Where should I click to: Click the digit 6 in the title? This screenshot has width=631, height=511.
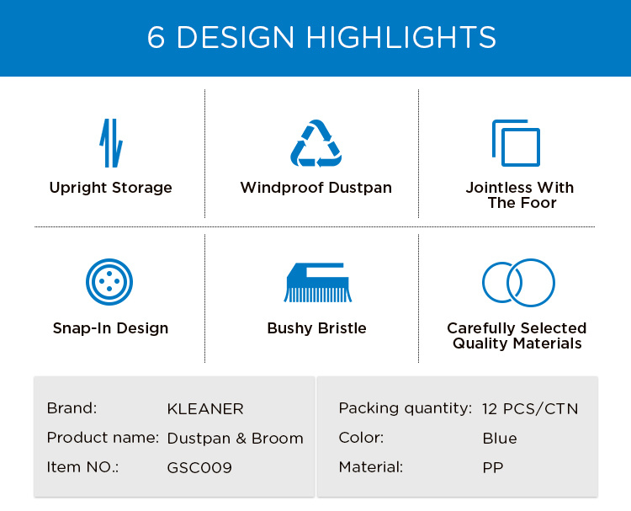156,37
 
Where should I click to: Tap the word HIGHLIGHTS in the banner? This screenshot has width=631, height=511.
400,37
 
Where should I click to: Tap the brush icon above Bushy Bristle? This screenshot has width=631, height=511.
317,282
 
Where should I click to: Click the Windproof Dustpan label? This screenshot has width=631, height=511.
315,188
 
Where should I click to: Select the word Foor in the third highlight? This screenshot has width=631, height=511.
538,203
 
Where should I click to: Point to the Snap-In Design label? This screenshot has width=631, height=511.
111,328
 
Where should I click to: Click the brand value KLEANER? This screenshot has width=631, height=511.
205,409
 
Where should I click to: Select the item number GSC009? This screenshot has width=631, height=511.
199,468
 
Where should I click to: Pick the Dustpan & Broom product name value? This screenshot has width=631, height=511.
235,439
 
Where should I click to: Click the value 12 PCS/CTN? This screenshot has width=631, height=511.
530,409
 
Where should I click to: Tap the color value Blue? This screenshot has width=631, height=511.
500,439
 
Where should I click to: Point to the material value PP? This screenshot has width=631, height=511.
493,468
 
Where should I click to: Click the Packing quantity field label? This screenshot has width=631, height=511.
405,409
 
